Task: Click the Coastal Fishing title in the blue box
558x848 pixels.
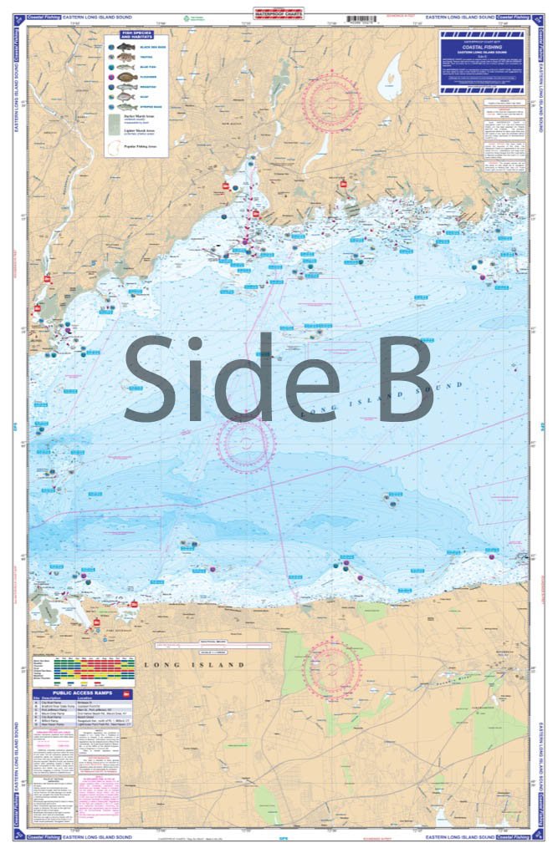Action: [x=483, y=47]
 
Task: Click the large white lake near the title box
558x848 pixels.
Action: [x=390, y=79]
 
